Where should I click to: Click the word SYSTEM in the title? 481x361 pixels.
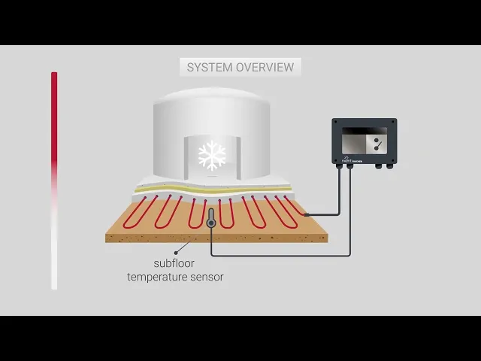(x=210, y=67)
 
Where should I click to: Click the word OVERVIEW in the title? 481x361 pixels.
(x=265, y=67)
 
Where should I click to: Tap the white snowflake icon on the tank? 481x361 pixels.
(x=211, y=155)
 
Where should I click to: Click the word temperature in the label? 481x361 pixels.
(x=158, y=277)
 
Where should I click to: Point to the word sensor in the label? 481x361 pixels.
(x=207, y=277)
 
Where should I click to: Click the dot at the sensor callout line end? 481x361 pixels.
(x=177, y=253)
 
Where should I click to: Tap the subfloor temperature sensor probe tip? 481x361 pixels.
(x=211, y=223)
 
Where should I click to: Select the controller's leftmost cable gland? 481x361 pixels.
(x=338, y=165)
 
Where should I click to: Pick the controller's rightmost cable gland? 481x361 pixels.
(x=390, y=165)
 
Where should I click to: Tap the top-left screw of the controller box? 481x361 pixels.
(x=336, y=122)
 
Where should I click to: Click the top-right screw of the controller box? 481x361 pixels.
(x=393, y=122)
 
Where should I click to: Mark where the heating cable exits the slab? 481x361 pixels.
(x=306, y=214)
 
